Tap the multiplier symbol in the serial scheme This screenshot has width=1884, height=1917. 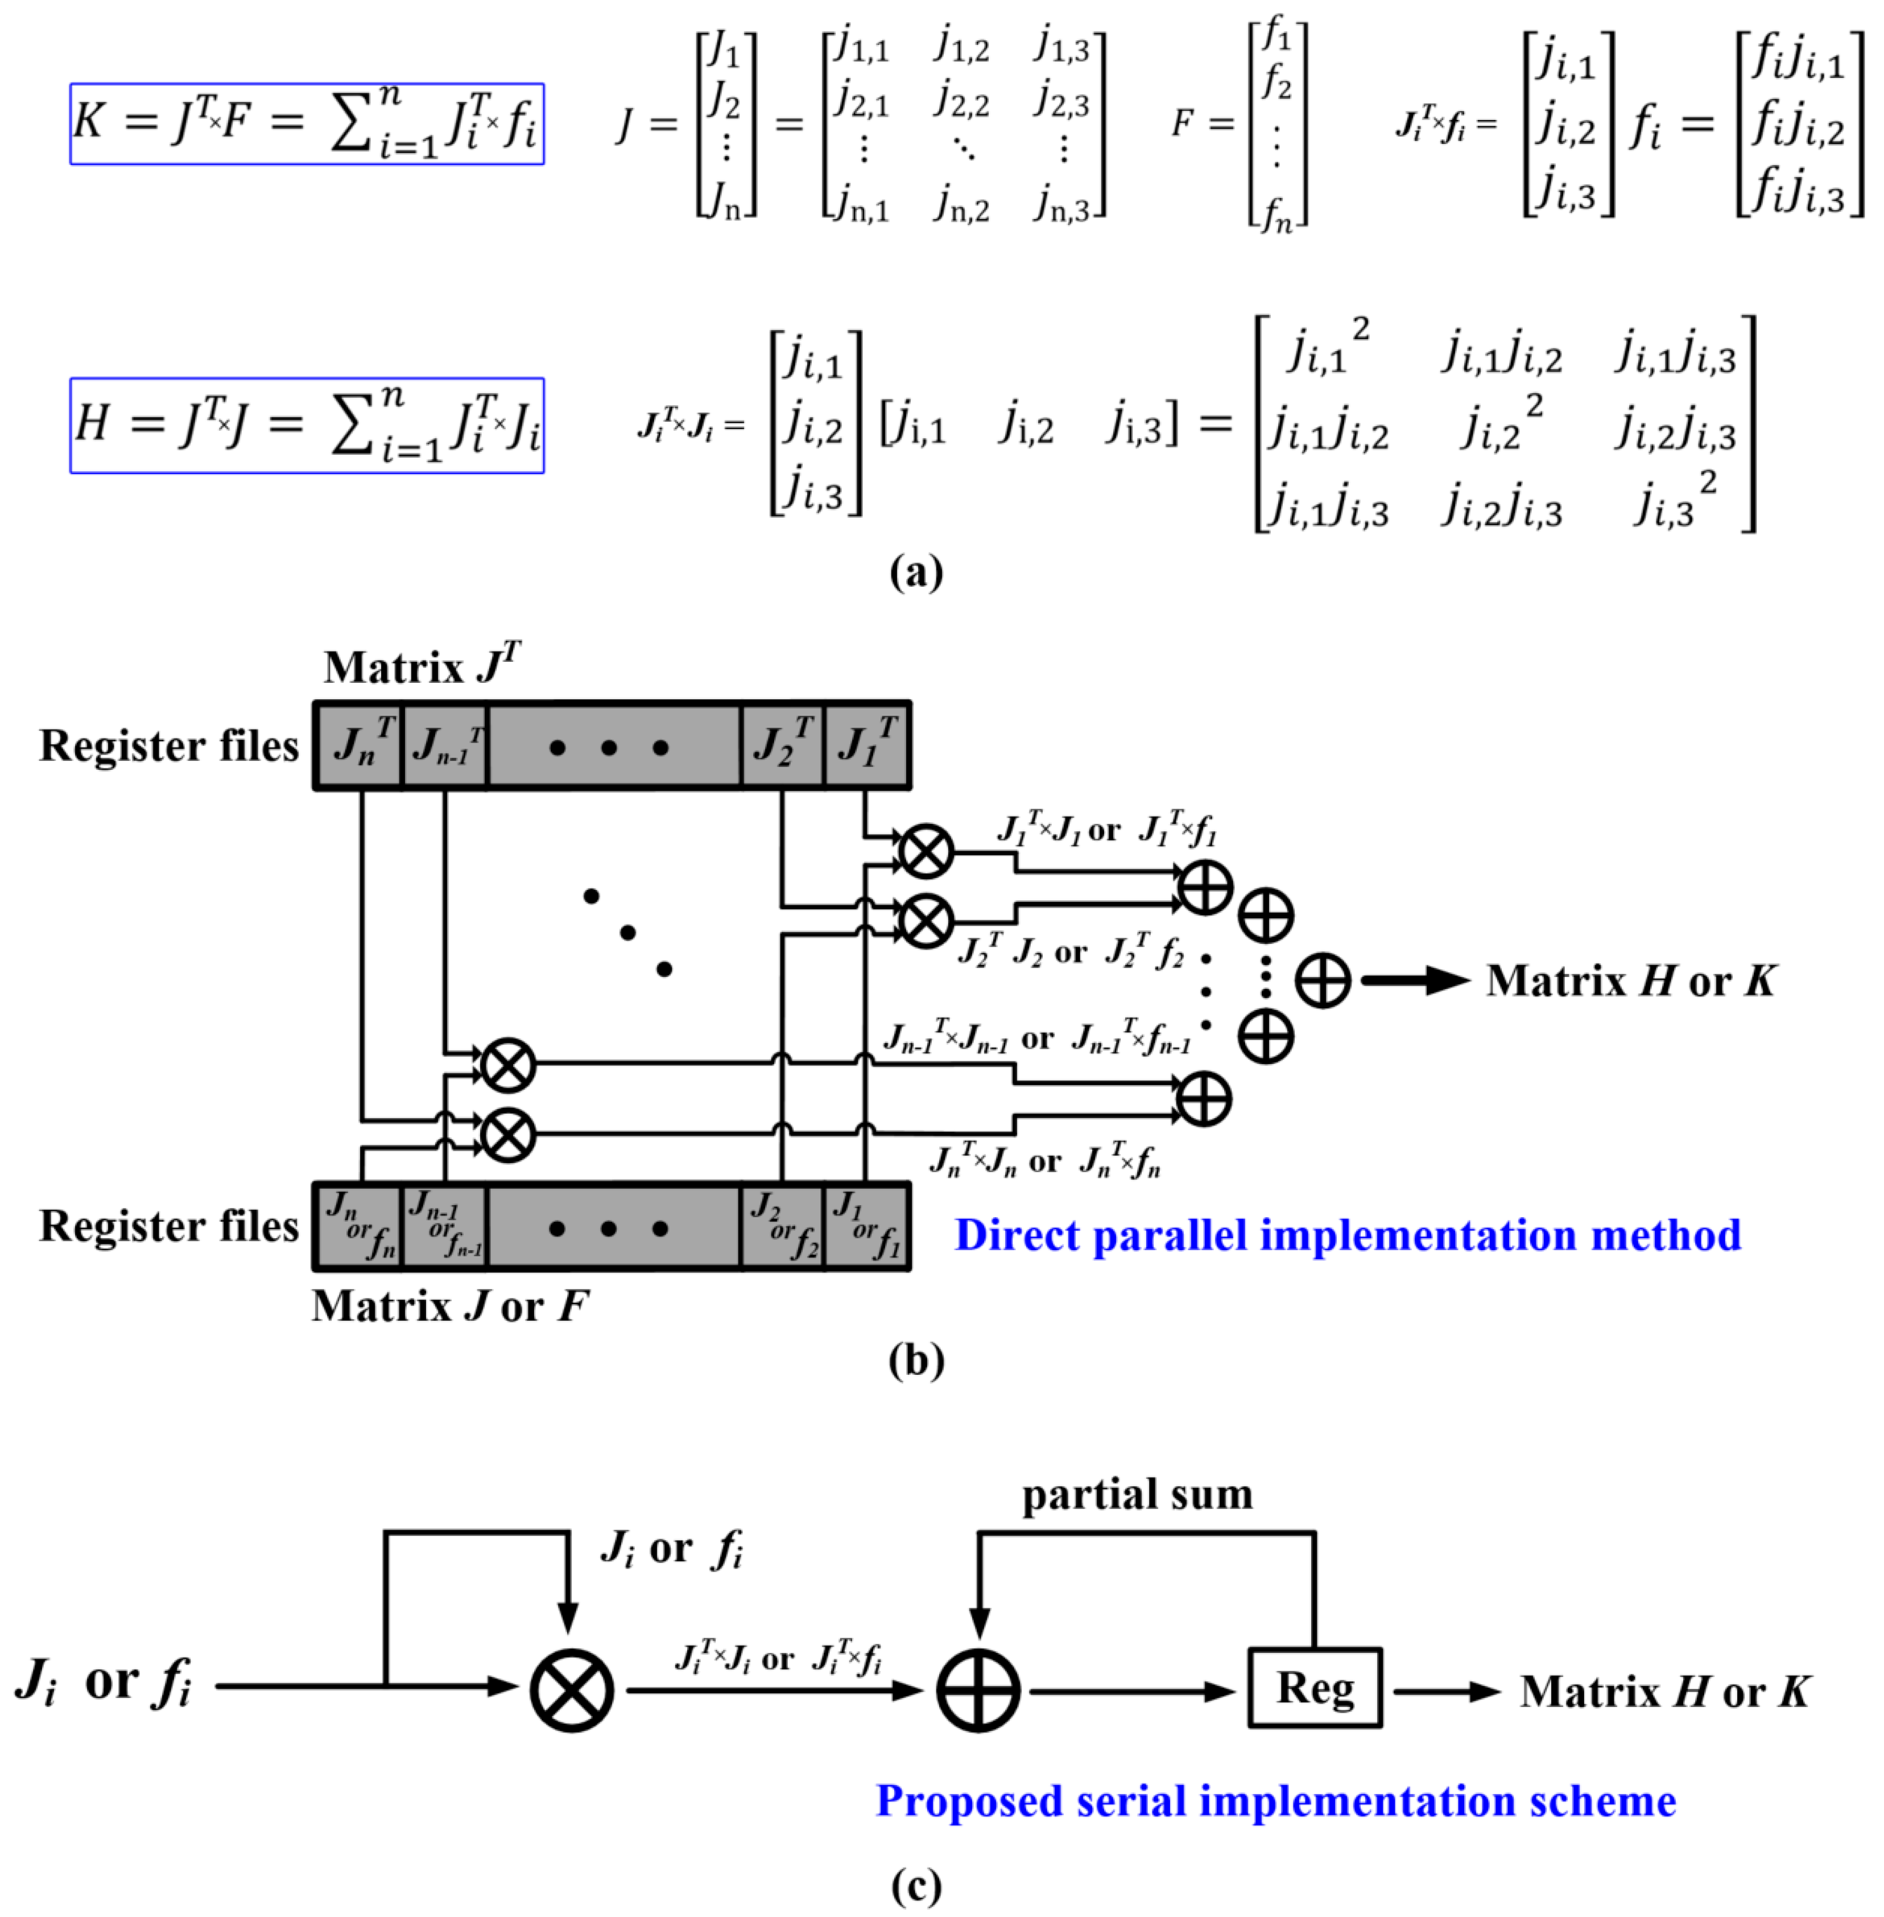571,1691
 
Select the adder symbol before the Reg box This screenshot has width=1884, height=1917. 978,1691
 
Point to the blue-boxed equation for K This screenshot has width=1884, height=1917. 307,123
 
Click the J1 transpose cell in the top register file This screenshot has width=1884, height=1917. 867,744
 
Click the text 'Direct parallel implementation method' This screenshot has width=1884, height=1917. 1346,1235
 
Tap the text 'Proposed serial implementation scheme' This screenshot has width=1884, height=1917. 1275,1801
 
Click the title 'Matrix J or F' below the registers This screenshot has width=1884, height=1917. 450,1306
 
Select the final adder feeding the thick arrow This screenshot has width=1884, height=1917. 1323,981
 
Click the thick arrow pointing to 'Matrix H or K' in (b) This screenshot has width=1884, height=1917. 1415,981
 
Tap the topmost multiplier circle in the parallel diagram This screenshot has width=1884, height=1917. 925,851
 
